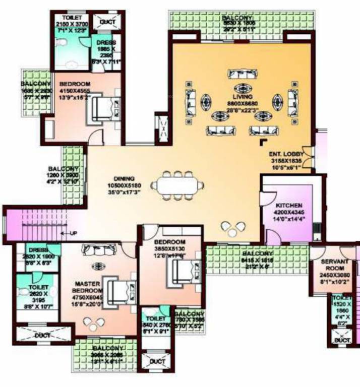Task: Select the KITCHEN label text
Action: (288, 206)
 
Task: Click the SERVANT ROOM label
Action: (334, 265)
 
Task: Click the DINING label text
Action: (123, 178)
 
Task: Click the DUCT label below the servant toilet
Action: (341, 340)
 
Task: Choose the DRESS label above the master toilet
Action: (37, 249)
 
